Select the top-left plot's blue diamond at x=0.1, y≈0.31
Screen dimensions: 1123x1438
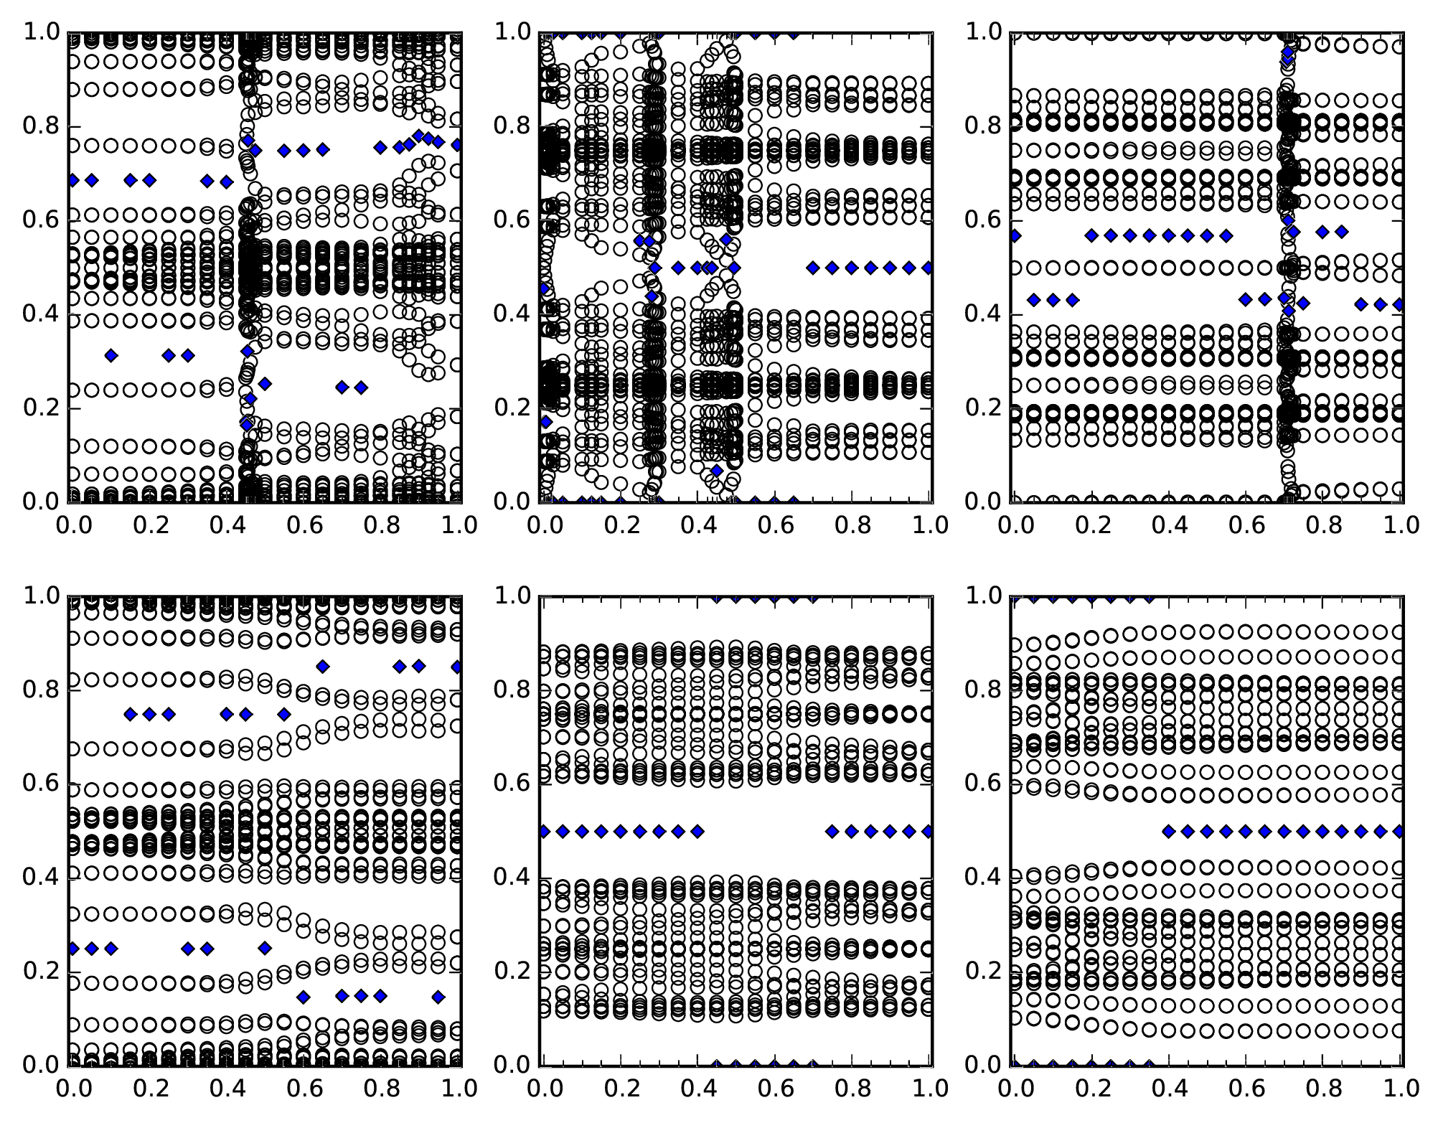point(111,355)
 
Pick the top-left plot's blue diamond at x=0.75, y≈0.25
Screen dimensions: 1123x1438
point(361,387)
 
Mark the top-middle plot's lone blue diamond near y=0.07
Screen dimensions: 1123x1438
point(716,471)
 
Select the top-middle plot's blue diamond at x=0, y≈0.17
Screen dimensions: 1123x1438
point(545,422)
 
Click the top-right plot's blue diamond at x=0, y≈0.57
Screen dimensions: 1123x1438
point(1015,235)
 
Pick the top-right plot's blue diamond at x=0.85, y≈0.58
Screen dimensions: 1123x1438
point(1342,232)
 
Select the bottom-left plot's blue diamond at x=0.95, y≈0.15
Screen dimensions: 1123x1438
point(438,997)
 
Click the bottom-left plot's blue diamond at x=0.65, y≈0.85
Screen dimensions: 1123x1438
point(323,667)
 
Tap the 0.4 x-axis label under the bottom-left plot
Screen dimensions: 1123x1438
point(226,1089)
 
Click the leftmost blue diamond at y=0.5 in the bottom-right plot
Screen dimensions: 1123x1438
point(1168,831)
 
